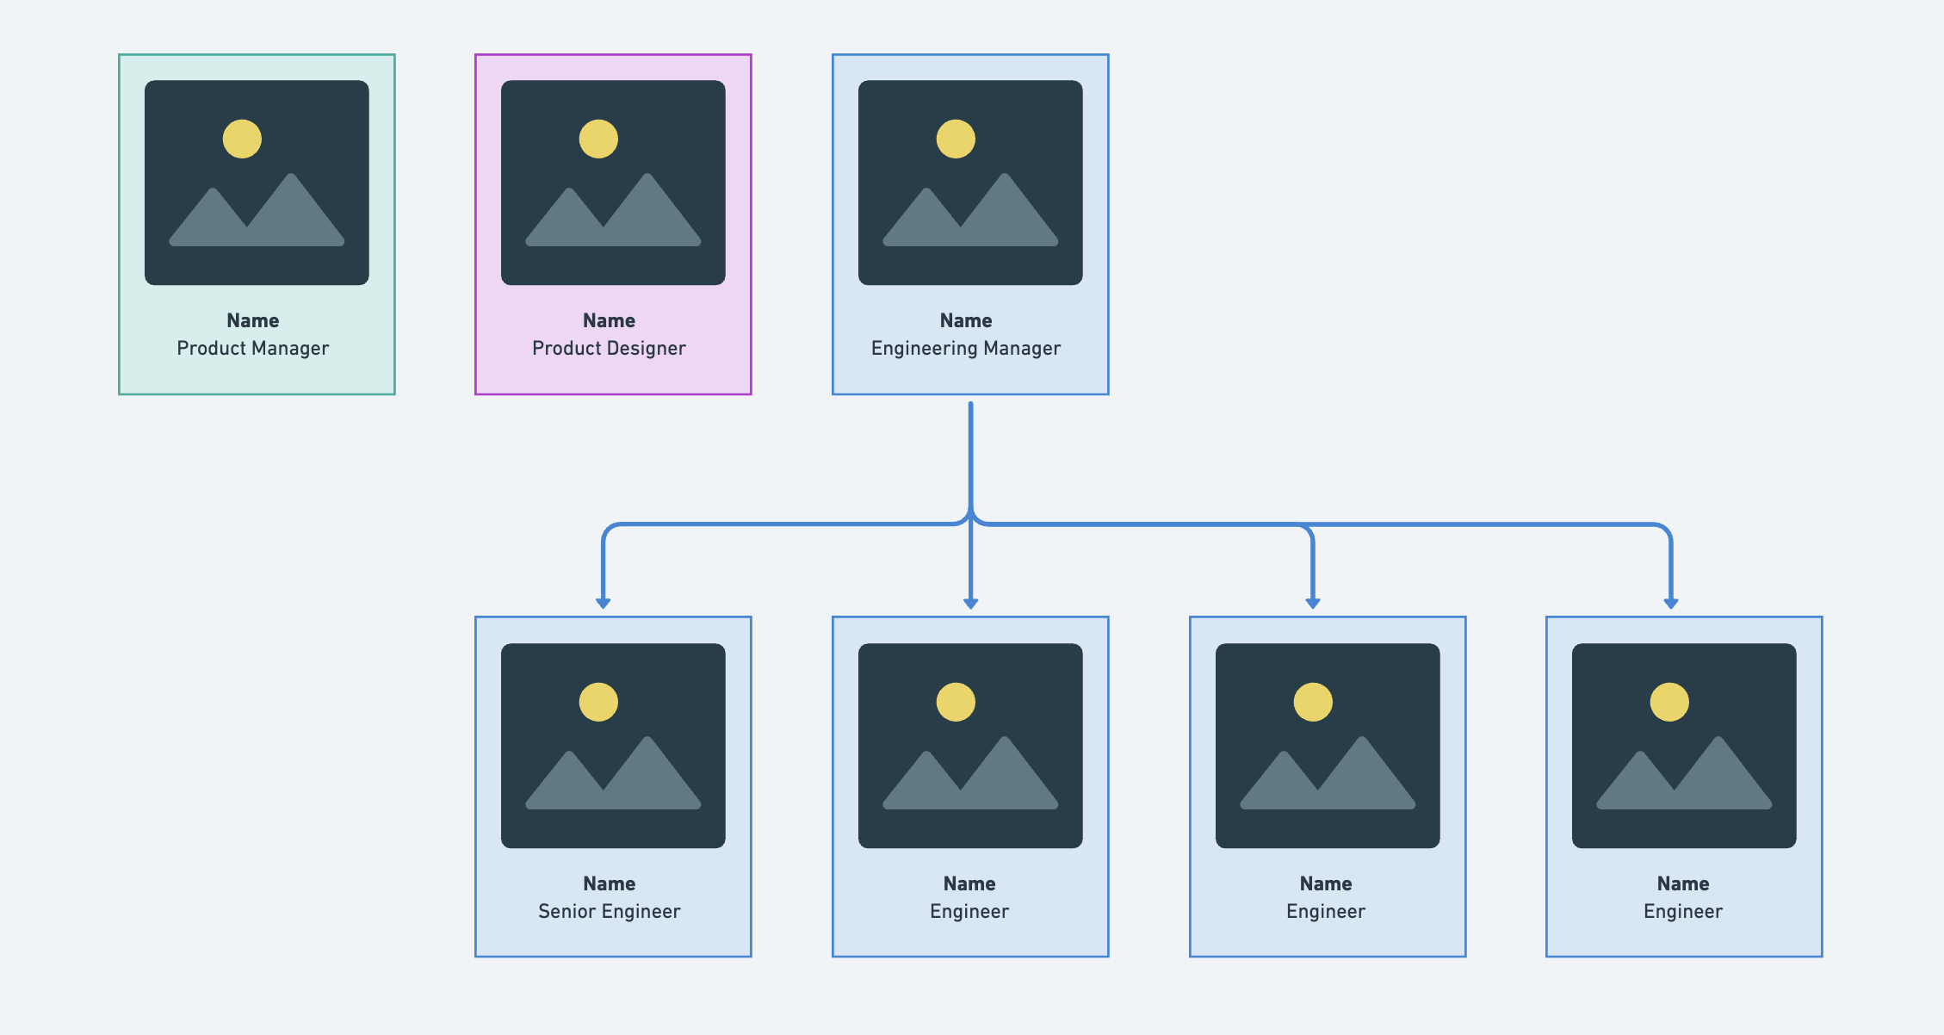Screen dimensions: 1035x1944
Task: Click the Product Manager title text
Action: [252, 348]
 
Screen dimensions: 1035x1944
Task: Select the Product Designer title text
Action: [609, 348]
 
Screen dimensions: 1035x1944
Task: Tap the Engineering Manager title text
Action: [965, 348]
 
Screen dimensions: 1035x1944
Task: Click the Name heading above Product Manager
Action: [252, 320]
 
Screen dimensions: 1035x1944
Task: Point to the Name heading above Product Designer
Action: [609, 320]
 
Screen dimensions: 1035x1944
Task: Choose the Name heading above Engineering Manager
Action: [965, 320]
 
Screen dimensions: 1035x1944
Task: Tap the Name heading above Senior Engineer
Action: [609, 883]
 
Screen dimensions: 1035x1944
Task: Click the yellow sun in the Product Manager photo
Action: [242, 139]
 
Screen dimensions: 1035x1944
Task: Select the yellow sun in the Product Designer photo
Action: [598, 139]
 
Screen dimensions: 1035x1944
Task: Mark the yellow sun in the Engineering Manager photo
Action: [956, 139]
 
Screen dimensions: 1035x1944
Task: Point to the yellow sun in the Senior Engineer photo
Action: [598, 702]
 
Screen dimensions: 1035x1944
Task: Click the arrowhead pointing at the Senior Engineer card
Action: [604, 603]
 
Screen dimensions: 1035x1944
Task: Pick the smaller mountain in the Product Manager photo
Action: [208, 222]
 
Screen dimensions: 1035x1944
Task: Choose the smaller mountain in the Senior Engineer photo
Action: [565, 785]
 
